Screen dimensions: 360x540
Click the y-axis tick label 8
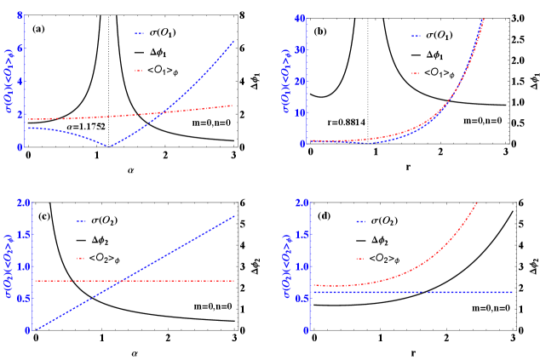pos(19,16)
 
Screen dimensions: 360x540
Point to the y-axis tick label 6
pos(19,49)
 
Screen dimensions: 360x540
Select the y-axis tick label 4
pos(19,81)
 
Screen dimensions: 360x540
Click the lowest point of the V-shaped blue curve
pos(110,146)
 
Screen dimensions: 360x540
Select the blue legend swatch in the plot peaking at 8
pos(139,33)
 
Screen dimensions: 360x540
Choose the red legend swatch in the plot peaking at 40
pos(416,73)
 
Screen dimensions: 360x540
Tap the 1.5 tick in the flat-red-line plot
pos(23,235)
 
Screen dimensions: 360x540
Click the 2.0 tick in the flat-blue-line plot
pos(302,203)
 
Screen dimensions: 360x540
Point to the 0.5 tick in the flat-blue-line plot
pos(302,298)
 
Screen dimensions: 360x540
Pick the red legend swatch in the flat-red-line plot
pos(81,258)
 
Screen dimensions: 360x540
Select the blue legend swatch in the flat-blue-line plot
pos(360,221)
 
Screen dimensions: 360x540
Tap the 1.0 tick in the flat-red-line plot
pos(23,266)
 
